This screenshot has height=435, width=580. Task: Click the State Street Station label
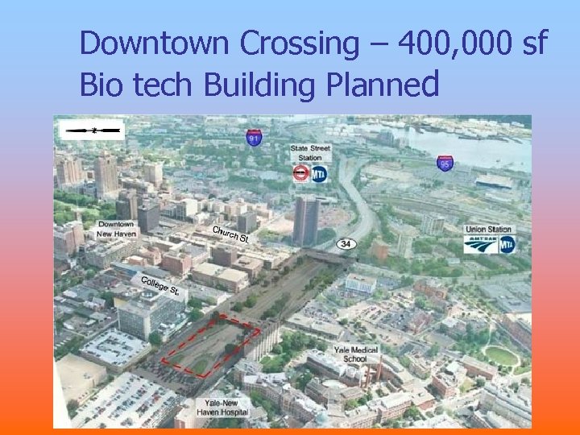pyautogui.click(x=310, y=152)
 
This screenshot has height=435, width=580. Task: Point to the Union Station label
pyautogui.click(x=488, y=230)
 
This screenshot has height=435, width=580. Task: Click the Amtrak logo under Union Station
pyautogui.click(x=480, y=244)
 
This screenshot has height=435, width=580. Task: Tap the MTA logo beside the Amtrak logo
pyautogui.click(x=507, y=244)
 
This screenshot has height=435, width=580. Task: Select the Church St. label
pyautogui.click(x=230, y=234)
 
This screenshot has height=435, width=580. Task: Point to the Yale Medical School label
pyautogui.click(x=349, y=354)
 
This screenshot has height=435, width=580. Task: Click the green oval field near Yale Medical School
pyautogui.click(x=500, y=355)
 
